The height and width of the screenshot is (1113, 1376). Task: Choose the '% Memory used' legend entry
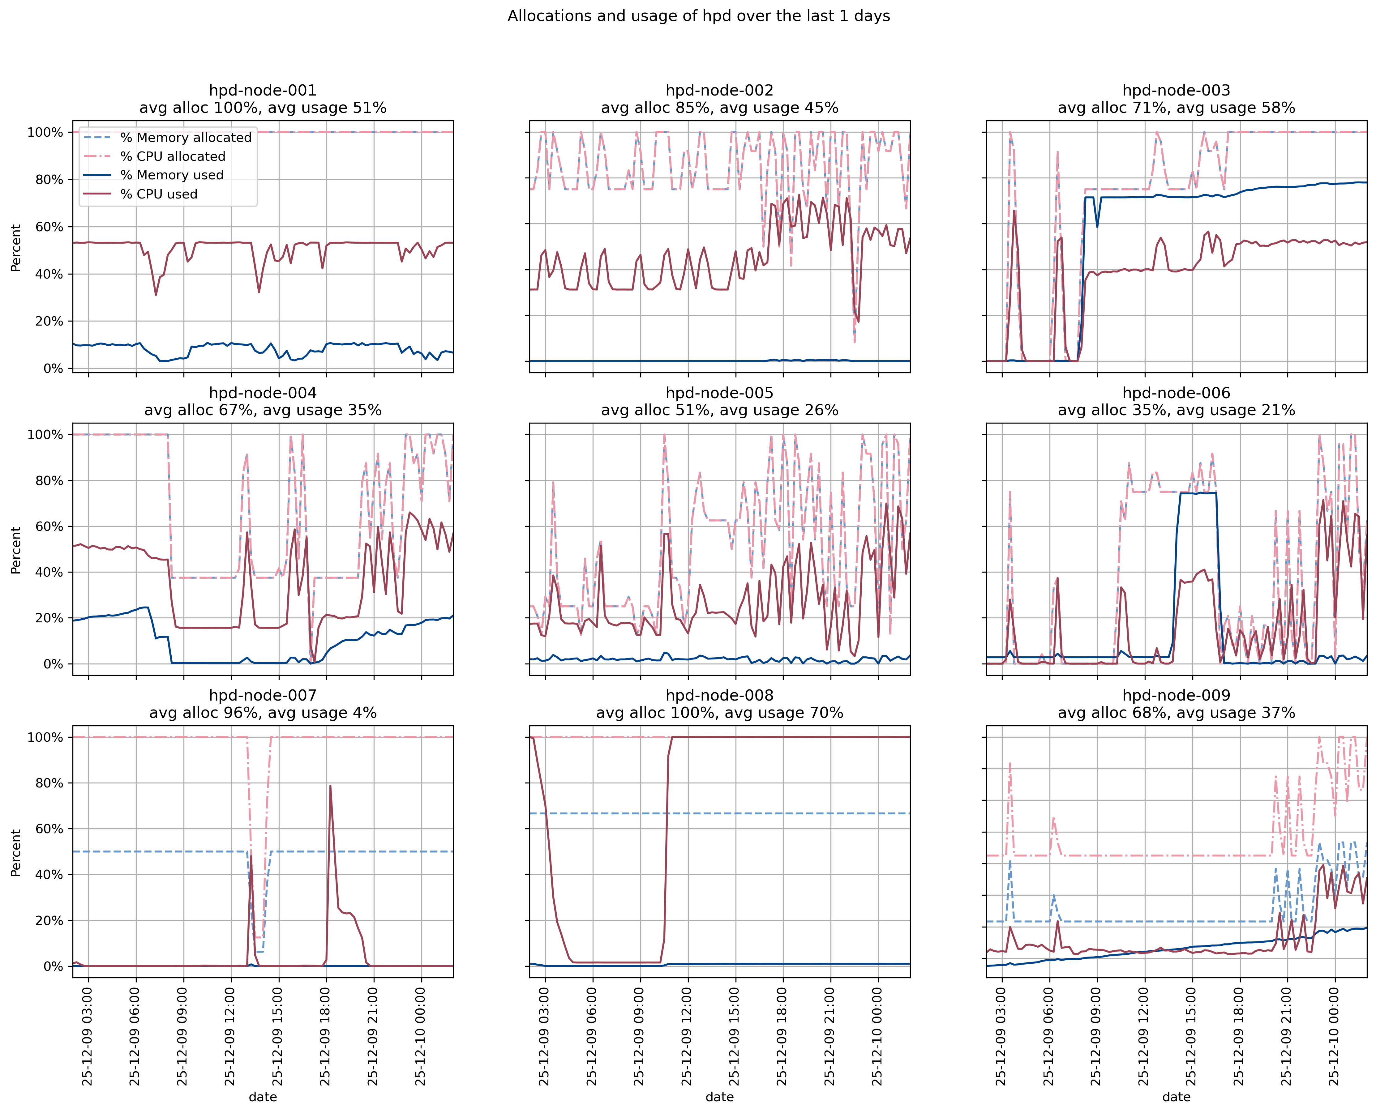point(172,175)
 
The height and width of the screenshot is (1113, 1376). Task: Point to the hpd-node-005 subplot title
point(719,393)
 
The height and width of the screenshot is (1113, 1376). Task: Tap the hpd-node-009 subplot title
point(1176,696)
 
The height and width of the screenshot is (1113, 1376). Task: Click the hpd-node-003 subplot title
point(1176,90)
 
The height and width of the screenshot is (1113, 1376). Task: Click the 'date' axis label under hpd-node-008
point(719,1097)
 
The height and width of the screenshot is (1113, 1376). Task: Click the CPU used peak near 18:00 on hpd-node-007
point(330,786)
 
